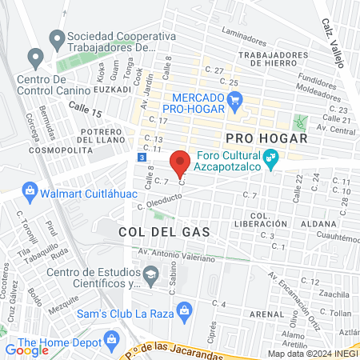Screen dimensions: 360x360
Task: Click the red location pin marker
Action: point(180,162)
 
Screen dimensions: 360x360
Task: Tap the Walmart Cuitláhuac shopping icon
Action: point(30,191)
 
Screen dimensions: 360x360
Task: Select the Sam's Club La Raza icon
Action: point(185,310)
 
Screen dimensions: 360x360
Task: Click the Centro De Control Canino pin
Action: point(35,58)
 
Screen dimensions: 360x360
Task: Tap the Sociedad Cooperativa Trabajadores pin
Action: point(56,38)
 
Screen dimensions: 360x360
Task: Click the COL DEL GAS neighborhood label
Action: point(163,231)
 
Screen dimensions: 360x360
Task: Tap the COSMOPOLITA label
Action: point(56,150)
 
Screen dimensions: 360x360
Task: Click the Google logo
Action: point(26,350)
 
